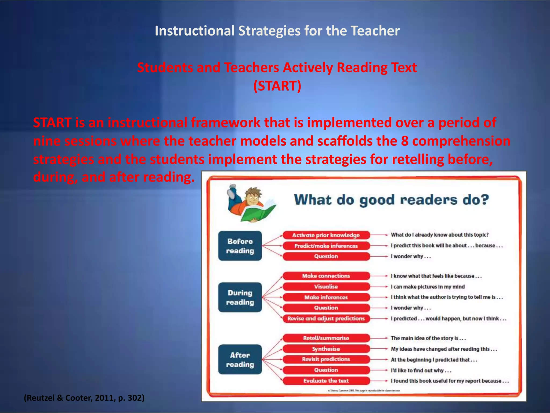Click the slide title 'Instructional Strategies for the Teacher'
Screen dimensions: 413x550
pos(277,31)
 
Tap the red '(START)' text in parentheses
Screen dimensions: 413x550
pos(277,86)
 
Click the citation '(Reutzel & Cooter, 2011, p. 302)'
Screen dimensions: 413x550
pos(84,398)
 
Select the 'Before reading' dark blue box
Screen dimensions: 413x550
pos(240,246)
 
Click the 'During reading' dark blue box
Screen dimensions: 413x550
pos(240,297)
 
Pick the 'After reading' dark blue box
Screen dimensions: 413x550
pos(240,359)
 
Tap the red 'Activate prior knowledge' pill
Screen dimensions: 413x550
pos(326,235)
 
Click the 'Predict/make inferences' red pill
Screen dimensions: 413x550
pos(326,246)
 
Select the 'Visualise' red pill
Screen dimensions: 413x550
pos(326,287)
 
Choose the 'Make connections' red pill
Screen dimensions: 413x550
pos(326,276)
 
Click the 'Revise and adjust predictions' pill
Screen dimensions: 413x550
pos(326,319)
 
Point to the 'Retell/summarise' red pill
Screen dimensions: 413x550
pos(326,338)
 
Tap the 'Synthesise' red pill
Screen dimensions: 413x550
pos(326,349)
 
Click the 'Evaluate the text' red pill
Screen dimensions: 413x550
pos(326,381)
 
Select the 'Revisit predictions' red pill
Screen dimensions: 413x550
pos(326,359)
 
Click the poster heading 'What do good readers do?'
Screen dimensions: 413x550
pos(391,200)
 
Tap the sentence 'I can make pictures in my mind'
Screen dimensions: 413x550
pos(428,287)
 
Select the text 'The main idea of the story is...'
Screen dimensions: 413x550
pos(428,338)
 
